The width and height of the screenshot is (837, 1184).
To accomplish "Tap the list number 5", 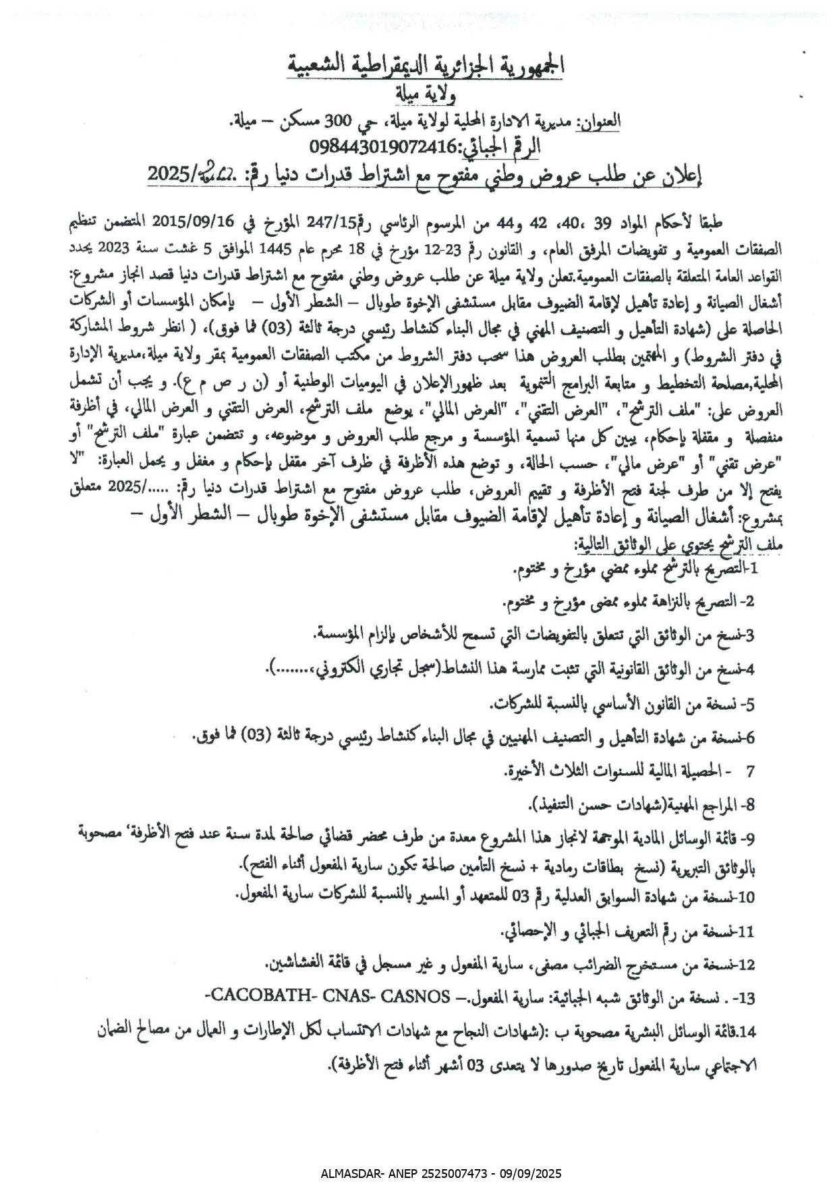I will pos(749,705).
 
